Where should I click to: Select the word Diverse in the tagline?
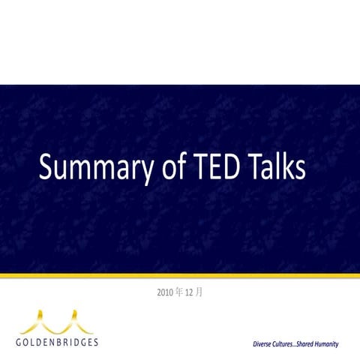265,343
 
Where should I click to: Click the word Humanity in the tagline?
322,343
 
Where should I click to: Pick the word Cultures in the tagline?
286,343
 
